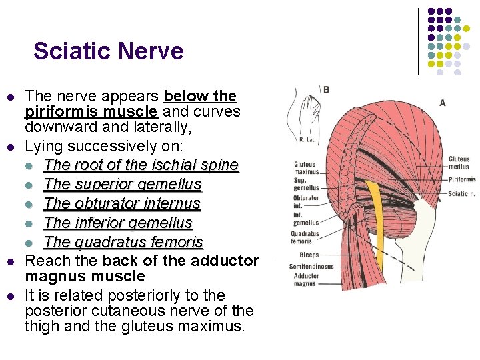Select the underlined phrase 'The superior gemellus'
tap(123, 184)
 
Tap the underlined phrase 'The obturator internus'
tap(122, 203)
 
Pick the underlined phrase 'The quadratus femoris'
tap(123, 242)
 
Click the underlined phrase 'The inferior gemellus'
tap(118, 223)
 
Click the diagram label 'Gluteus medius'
tap(459, 163)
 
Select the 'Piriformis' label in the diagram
tap(462, 179)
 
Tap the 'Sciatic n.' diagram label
tap(462, 193)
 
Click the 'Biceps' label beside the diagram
tap(309, 255)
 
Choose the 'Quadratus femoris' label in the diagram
tap(305, 237)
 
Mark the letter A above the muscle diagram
tap(443, 103)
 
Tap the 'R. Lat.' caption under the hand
tap(307, 141)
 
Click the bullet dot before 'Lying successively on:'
tap(10, 146)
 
